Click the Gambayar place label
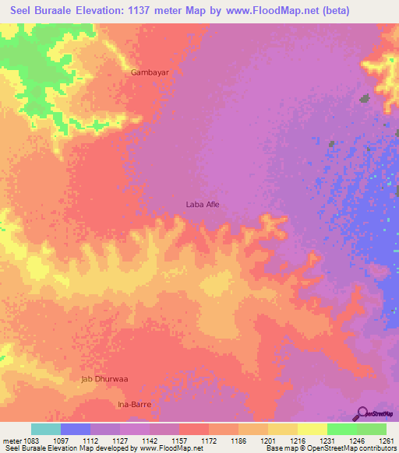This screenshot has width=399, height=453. coord(150,72)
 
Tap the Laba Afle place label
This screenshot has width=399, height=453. coord(203,204)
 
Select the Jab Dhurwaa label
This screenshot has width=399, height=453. coord(104,379)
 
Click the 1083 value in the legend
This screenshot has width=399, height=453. coord(31,440)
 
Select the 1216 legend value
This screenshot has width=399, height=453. coord(297,440)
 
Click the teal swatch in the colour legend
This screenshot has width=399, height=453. coord(46,429)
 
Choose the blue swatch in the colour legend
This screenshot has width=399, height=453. coord(76,429)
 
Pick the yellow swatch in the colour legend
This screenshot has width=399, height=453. coord(312,429)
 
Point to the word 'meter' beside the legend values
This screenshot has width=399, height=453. coord(12,440)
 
